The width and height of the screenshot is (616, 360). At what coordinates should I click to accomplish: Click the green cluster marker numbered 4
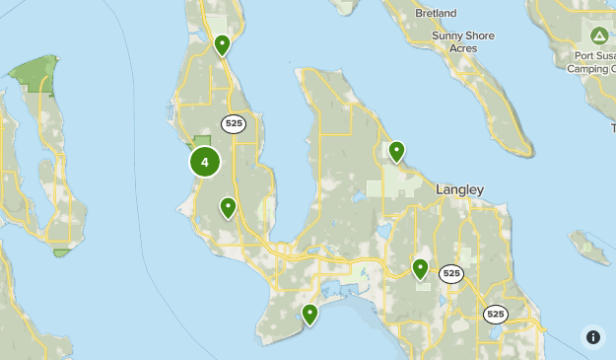tap(205, 162)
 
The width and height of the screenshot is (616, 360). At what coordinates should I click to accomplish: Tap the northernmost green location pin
tap(223, 45)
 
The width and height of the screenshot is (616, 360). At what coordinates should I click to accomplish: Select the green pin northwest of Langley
tap(396, 151)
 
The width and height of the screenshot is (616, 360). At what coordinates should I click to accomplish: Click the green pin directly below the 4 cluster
tap(228, 207)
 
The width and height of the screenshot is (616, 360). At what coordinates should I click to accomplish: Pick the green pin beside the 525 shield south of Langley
tap(420, 267)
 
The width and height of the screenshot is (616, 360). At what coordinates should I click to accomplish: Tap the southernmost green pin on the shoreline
tap(309, 315)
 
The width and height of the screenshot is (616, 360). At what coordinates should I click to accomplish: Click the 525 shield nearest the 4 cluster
tap(234, 123)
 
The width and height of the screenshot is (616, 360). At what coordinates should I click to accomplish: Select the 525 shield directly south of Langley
tap(451, 274)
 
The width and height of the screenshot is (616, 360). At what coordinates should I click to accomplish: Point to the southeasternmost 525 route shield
tap(495, 314)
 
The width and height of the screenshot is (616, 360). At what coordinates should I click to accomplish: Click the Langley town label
tap(460, 189)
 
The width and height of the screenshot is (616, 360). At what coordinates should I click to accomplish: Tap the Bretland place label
tap(436, 13)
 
